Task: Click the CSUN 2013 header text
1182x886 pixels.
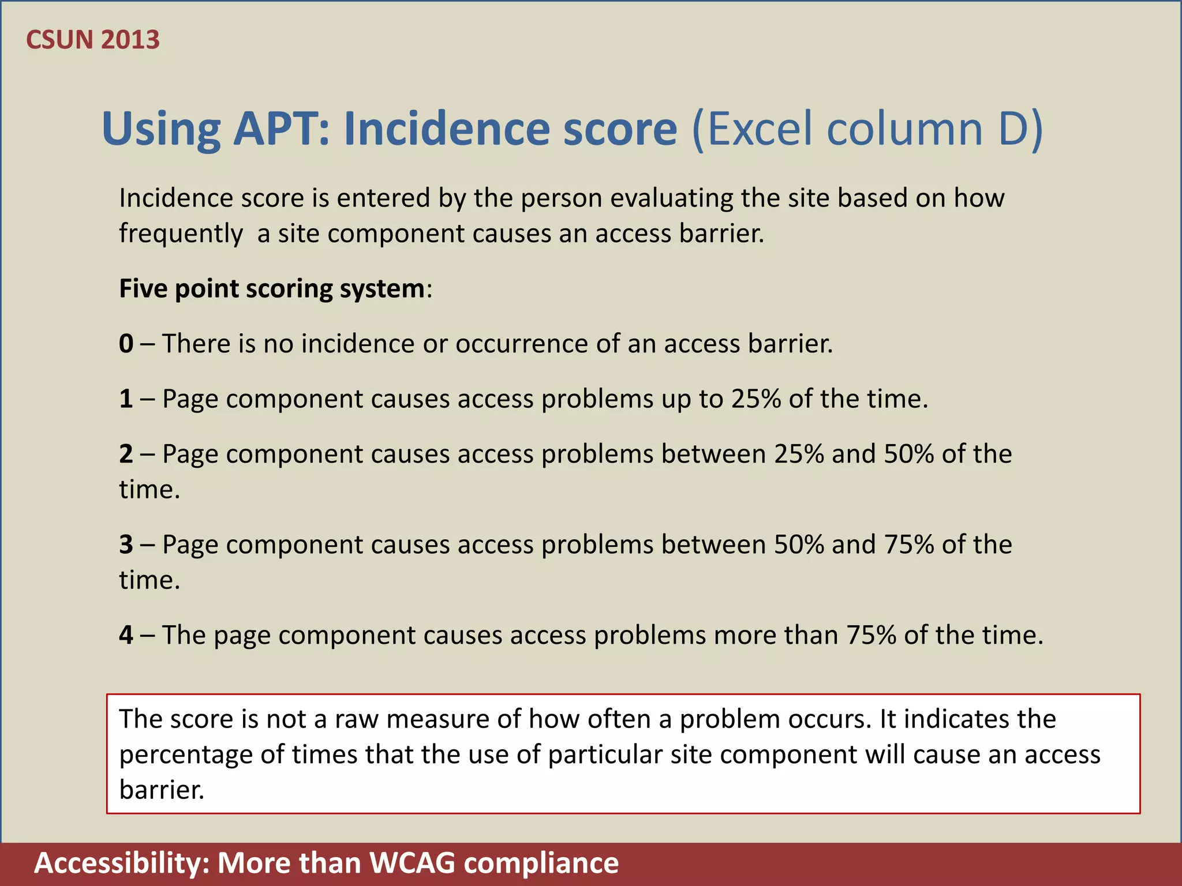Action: pos(93,40)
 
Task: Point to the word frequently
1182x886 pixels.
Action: pos(181,234)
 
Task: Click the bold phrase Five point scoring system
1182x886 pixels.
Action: pos(272,288)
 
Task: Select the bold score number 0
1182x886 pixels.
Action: pos(126,344)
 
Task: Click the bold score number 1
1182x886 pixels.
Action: pos(126,399)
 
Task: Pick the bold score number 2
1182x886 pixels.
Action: pos(126,454)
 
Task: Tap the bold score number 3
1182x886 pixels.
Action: pos(126,545)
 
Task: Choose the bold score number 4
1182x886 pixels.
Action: pos(126,635)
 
